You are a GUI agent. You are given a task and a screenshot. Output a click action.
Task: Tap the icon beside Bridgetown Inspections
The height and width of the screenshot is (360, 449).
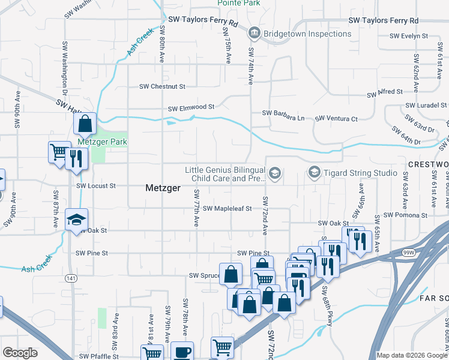[x=253, y=33]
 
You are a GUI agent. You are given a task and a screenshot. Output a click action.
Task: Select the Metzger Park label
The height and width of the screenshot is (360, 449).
[x=102, y=142]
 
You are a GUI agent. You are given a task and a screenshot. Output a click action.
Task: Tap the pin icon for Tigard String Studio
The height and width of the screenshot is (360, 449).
[x=314, y=173]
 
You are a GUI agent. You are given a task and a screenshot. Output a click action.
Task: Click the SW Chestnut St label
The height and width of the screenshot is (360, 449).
[x=163, y=87]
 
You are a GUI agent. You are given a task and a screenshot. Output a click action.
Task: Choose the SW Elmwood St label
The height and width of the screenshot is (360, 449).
[x=191, y=108]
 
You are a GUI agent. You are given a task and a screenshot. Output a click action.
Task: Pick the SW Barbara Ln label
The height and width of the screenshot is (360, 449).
[x=283, y=113]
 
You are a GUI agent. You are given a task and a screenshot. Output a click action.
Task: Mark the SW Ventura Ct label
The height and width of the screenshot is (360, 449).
[x=336, y=119]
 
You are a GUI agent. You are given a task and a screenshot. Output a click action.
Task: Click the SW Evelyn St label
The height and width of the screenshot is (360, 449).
[x=408, y=36]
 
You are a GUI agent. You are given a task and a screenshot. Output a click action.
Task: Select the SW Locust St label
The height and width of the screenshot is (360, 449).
[x=96, y=186]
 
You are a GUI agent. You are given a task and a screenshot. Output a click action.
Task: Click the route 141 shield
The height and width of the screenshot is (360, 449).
[x=71, y=278]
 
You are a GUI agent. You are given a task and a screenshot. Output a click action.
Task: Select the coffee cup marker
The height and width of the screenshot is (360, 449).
[x=182, y=352]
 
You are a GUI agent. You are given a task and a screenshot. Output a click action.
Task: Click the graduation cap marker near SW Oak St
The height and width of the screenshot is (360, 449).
[x=77, y=220]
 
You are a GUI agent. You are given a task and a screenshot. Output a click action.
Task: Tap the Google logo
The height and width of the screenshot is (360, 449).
[x=20, y=353]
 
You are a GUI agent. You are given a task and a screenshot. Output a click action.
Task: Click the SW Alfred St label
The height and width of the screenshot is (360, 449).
[x=384, y=92]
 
